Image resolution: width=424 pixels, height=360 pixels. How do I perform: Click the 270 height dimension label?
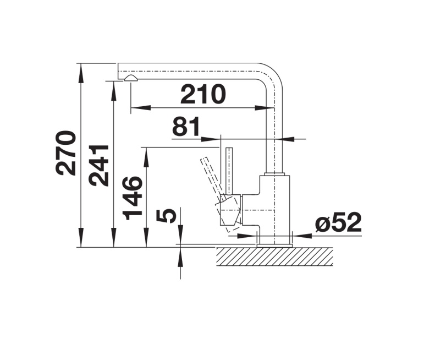click(65, 153)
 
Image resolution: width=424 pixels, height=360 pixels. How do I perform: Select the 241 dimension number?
click(98, 166)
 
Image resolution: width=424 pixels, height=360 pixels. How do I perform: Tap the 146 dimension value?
click(133, 197)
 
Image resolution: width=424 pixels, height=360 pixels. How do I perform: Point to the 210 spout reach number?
click(203, 94)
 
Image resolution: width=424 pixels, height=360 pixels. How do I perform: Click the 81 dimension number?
click(186, 126)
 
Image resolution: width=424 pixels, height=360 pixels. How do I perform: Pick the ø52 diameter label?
click(339, 222)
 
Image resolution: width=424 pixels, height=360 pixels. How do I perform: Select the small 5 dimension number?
click(167, 216)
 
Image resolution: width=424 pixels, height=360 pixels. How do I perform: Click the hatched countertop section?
click(275, 257)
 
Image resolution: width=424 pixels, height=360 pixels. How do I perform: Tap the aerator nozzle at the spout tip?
click(130, 78)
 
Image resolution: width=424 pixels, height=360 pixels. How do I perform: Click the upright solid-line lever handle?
click(229, 171)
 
